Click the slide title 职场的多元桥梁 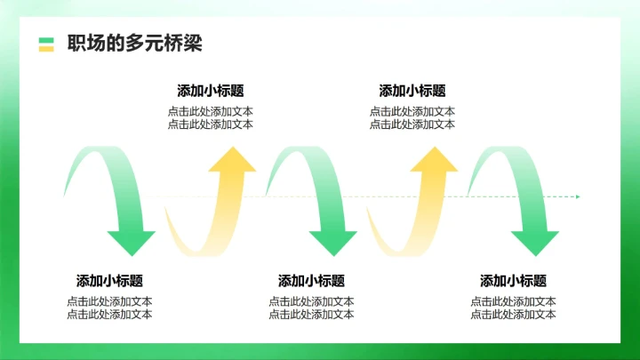point(134,44)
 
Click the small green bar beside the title point(46,40)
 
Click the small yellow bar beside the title point(46,49)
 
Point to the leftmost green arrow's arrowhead point(131,241)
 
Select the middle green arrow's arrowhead point(332,241)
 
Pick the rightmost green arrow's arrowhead point(534,241)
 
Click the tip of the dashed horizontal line point(578,196)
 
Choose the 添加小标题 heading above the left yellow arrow point(211,91)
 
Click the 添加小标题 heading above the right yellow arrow point(412,91)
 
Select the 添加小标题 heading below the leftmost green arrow point(109,281)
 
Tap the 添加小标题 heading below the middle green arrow point(311,281)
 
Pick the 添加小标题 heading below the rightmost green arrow point(514,281)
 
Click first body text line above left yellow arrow point(211,112)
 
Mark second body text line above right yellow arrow point(412,124)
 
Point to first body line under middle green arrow point(311,301)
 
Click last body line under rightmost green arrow point(514,315)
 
